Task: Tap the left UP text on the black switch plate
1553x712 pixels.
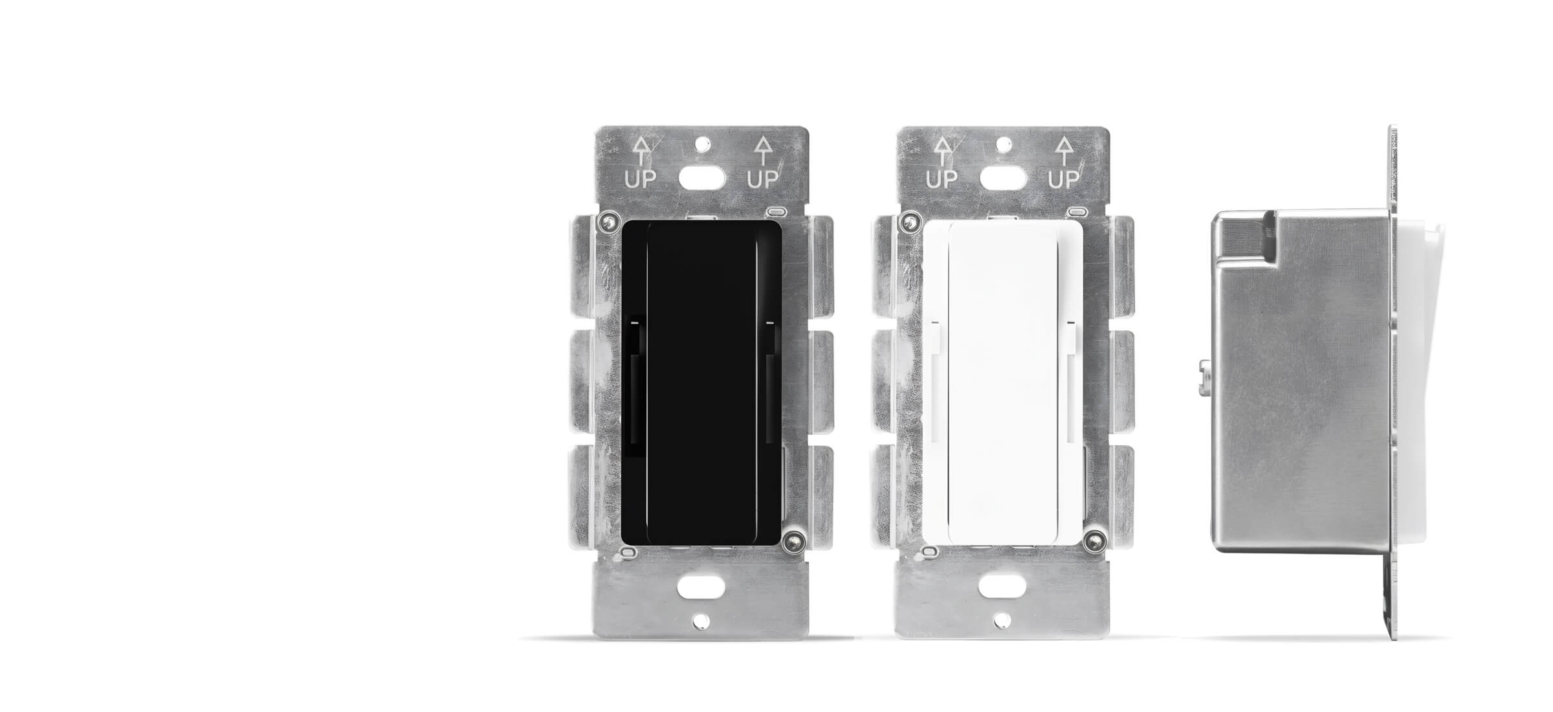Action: (x=640, y=179)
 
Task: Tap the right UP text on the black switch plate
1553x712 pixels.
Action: (x=763, y=179)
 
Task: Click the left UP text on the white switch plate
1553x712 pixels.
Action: (x=942, y=179)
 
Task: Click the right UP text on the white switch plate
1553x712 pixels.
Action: (x=1064, y=179)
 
